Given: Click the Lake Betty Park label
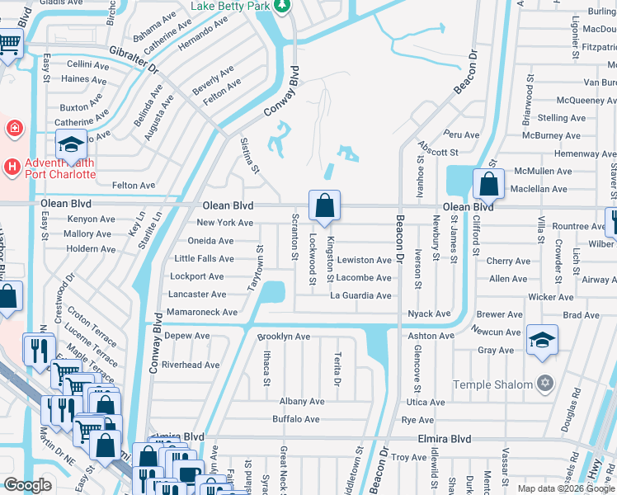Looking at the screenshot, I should point(230,6).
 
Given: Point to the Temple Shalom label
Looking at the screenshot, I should point(493,384).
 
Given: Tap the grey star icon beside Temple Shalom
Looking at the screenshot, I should point(544,384).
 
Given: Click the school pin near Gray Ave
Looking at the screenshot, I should point(542,341).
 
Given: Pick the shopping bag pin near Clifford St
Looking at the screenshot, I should point(489,185).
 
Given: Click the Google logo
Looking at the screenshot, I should point(27,485).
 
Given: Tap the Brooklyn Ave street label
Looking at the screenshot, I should point(283,337).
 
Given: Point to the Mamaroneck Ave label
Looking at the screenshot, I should point(201,313).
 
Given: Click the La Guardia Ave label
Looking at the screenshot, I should point(360,295).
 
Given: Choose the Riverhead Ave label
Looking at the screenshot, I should point(191,365).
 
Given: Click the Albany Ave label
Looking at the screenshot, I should point(302,401).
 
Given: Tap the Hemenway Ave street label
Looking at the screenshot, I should point(584,153).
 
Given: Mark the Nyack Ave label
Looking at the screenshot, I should point(430,313).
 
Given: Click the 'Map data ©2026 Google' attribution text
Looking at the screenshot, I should point(565,488).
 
